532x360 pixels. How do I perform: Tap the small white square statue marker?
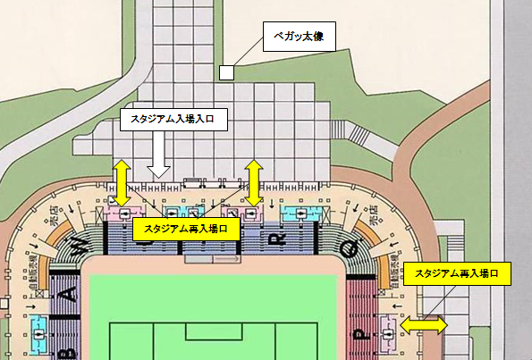click(226, 72)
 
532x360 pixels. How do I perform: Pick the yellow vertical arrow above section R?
click(255, 183)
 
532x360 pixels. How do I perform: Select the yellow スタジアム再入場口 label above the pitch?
click(186, 230)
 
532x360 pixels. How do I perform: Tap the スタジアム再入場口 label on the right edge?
click(456, 272)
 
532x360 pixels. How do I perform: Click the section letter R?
click(277, 239)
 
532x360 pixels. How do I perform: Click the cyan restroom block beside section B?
click(39, 331)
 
